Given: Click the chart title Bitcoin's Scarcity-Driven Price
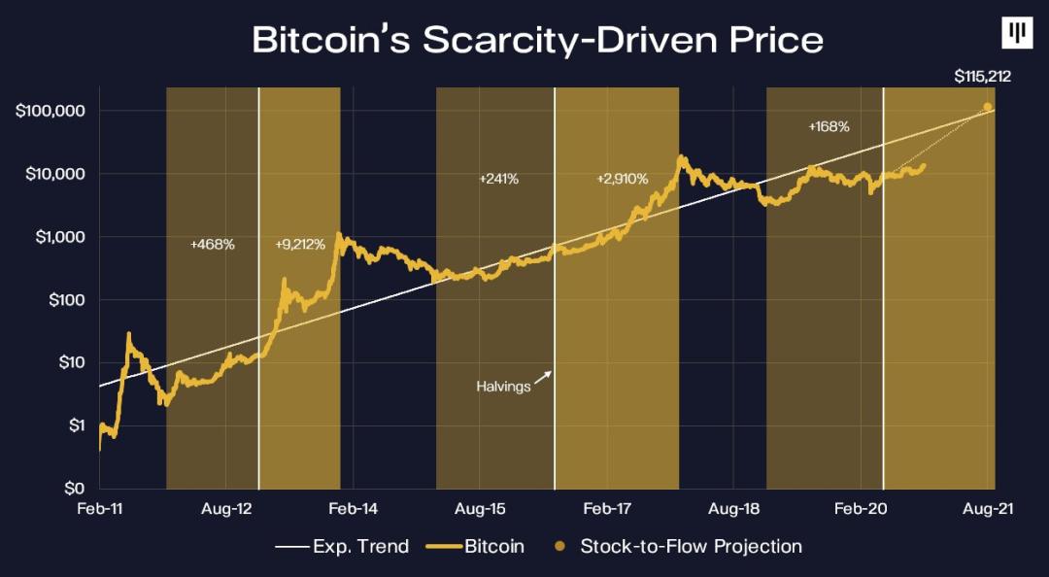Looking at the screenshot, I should pyautogui.click(x=537, y=40).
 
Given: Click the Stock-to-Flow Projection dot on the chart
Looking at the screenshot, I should pyautogui.click(x=988, y=107).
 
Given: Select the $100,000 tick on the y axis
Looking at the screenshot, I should pyautogui.click(x=51, y=111).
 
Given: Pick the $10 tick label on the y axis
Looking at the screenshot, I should pyautogui.click(x=71, y=363).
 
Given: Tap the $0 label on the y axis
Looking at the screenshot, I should pyautogui.click(x=75, y=489).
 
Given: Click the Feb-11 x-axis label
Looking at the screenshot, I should pyautogui.click(x=100, y=509).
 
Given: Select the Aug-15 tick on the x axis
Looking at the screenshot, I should pyautogui.click(x=481, y=509).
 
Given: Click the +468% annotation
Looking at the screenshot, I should pyautogui.click(x=213, y=244).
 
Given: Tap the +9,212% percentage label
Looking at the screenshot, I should pyautogui.click(x=300, y=244).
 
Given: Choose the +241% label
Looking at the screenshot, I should pyautogui.click(x=499, y=179).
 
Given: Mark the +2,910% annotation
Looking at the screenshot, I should pyautogui.click(x=622, y=179).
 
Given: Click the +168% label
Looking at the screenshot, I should pyautogui.click(x=829, y=126).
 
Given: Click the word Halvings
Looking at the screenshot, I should pyautogui.click(x=503, y=386).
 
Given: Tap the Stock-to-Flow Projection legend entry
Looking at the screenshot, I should pyautogui.click(x=691, y=547).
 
